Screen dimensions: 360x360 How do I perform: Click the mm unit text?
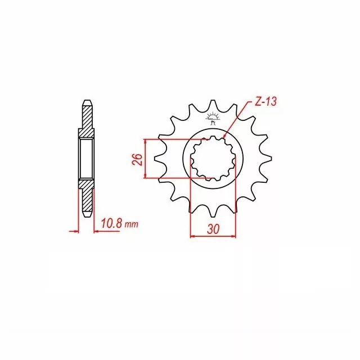pos(131,225)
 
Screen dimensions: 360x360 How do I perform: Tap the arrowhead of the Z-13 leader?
pos(224,137)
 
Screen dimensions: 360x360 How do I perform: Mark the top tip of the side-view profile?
pos(87,103)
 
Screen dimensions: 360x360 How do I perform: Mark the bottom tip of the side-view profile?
pos(87,216)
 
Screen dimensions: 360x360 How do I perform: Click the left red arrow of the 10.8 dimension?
pos(74,231)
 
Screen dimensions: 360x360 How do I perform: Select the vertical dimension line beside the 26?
pos(146,159)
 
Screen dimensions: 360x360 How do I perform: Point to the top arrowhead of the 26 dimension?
pos(146,141)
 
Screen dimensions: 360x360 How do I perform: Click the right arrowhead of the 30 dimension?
pos(234,236)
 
